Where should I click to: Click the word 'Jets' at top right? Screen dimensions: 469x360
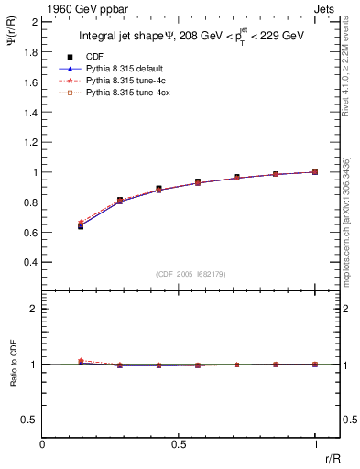tap(328, 8)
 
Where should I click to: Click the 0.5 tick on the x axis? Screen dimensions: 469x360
tap(179, 443)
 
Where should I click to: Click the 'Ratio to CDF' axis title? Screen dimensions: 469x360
tap(12, 379)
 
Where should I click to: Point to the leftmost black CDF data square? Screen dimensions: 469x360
tap(81, 225)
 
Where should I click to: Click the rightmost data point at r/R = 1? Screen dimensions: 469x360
tap(315, 171)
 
